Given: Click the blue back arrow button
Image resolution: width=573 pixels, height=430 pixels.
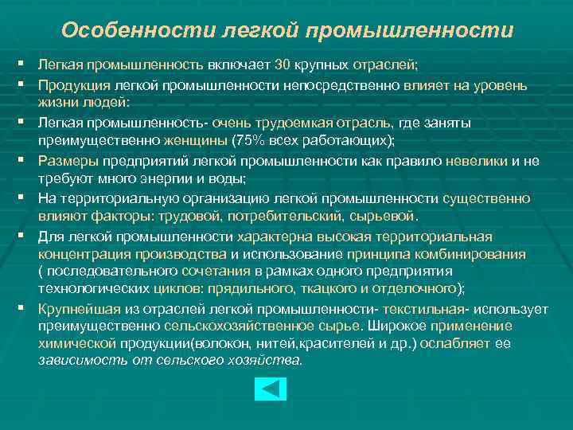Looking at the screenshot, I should (x=270, y=389).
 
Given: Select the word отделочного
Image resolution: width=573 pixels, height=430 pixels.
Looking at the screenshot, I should (x=419, y=287).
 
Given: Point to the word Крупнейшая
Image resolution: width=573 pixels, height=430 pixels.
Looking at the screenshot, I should (x=74, y=310).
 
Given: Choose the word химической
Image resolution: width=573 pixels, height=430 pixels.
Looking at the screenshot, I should (x=77, y=343).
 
